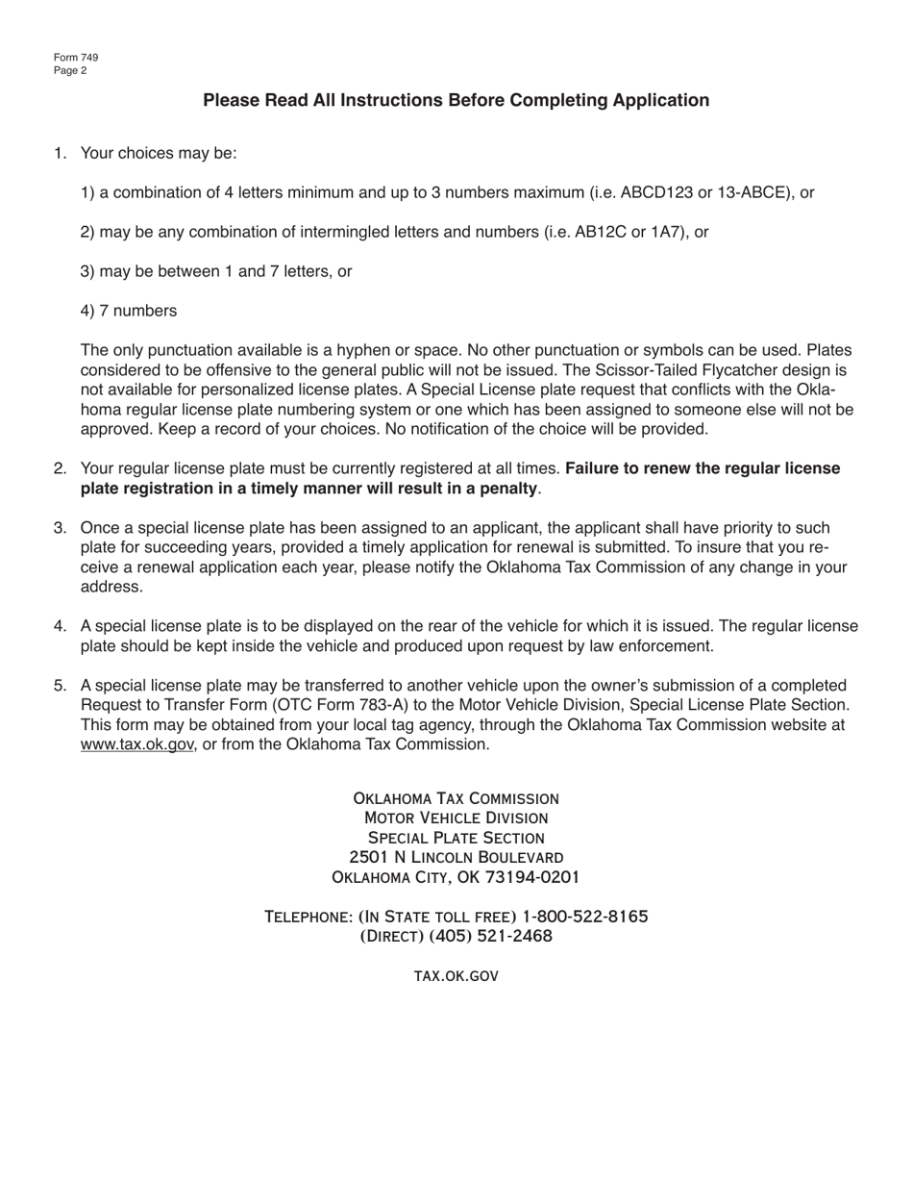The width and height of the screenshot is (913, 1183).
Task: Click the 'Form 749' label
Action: (x=76, y=58)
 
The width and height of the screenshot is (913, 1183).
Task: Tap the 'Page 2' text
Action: (x=71, y=70)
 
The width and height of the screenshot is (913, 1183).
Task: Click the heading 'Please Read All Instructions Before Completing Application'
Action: (x=456, y=101)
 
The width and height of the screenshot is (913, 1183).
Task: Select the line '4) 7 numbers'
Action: (x=129, y=311)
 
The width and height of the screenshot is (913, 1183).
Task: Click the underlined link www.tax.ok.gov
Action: (x=137, y=744)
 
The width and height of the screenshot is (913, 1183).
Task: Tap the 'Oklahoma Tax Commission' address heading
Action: (x=456, y=798)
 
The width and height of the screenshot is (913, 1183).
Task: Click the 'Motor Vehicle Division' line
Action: (x=456, y=818)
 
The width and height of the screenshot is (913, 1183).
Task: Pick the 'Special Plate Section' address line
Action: (x=456, y=838)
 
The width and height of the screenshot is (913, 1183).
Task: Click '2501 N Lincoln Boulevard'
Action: (x=456, y=857)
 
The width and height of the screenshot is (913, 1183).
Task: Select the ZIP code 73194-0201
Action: (x=532, y=877)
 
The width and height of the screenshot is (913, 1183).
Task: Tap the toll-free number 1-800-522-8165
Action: (x=584, y=917)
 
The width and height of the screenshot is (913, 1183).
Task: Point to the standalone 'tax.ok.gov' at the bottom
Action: (x=456, y=976)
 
